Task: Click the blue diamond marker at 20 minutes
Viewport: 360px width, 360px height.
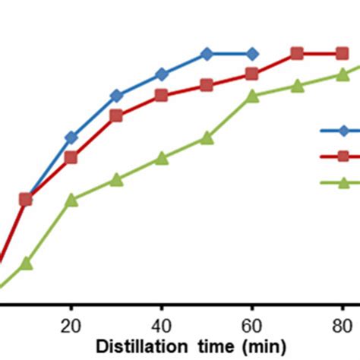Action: tap(71, 137)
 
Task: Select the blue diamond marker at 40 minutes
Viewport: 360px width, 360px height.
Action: tap(161, 74)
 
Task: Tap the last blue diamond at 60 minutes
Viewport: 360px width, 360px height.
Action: tap(252, 54)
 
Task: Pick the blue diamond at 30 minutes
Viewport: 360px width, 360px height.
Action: tap(116, 96)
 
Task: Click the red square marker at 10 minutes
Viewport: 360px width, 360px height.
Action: tap(26, 199)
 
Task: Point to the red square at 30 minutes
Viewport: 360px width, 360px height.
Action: tap(116, 115)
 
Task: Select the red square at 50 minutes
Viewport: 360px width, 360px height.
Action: tap(207, 85)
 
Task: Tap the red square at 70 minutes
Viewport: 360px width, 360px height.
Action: tap(297, 53)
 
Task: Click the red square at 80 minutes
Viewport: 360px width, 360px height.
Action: tap(343, 53)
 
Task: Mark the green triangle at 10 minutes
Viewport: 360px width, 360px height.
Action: tap(26, 264)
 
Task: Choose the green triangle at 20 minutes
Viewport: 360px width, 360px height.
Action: tap(71, 201)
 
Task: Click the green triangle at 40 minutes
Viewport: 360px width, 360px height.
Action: tap(161, 158)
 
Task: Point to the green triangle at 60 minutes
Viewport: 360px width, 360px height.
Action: tap(252, 96)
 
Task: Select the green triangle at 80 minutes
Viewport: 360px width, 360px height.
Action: tap(343, 74)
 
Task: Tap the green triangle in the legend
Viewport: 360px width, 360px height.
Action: tap(343, 182)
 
